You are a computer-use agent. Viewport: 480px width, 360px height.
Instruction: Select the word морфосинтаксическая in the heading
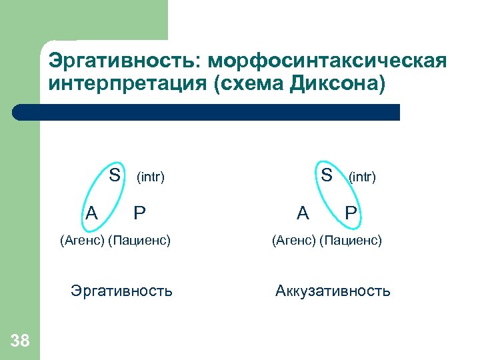pyautogui.click(x=327, y=62)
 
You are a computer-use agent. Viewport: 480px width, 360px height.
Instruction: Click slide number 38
pyautogui.click(x=21, y=341)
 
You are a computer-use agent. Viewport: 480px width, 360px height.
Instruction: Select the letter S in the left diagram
pyautogui.click(x=115, y=175)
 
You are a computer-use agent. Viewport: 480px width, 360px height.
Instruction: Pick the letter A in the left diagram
pyautogui.click(x=92, y=213)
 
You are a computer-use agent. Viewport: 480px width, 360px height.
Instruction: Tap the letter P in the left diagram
pyautogui.click(x=139, y=213)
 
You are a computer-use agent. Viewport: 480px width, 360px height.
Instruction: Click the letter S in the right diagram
pyautogui.click(x=327, y=175)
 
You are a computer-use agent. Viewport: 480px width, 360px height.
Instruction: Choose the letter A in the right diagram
pyautogui.click(x=303, y=213)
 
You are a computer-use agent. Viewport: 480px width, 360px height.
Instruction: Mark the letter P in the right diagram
pyautogui.click(x=351, y=213)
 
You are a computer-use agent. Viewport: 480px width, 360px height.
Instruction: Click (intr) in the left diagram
pyautogui.click(x=150, y=177)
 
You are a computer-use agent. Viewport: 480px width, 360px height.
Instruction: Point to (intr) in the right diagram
pyautogui.click(x=362, y=177)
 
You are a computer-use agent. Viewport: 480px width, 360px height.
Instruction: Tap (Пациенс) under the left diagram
pyautogui.click(x=139, y=239)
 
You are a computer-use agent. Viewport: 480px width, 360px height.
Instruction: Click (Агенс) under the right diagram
pyautogui.click(x=293, y=239)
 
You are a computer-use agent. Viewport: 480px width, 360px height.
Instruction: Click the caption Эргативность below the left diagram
pyautogui.click(x=121, y=291)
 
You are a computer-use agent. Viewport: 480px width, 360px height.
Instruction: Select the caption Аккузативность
pyautogui.click(x=333, y=291)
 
